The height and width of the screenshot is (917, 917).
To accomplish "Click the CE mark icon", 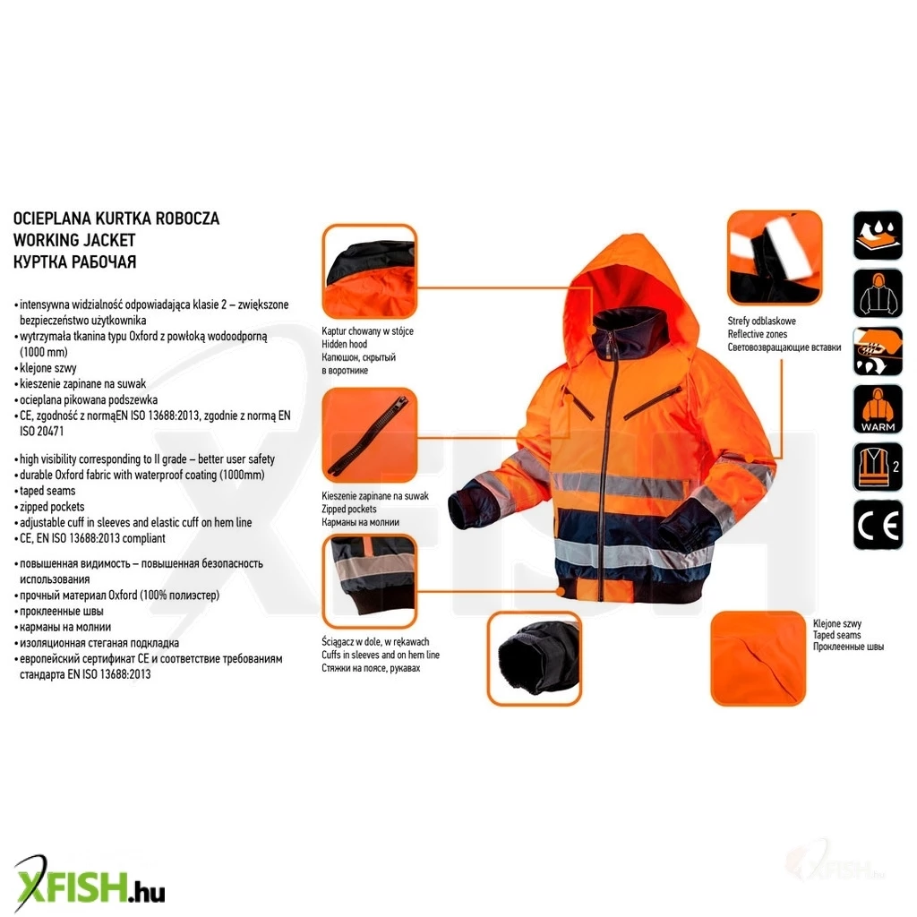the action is pyautogui.click(x=878, y=525).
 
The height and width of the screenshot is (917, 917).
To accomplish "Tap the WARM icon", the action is pyautogui.click(x=878, y=409).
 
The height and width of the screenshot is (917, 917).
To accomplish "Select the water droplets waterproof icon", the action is pyautogui.click(x=878, y=236).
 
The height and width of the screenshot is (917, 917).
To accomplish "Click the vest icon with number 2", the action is pyautogui.click(x=878, y=467).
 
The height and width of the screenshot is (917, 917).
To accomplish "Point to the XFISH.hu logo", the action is pyautogui.click(x=89, y=885).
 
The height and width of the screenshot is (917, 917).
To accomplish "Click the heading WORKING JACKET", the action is pyautogui.click(x=74, y=240).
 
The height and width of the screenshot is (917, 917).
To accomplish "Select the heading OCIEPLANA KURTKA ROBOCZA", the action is pyautogui.click(x=116, y=219).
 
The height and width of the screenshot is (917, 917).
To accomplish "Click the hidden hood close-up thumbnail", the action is pyautogui.click(x=370, y=271).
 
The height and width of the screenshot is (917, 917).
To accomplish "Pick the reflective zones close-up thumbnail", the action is pyautogui.click(x=775, y=258).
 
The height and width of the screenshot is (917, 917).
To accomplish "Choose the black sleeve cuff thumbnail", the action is pyautogui.click(x=535, y=658).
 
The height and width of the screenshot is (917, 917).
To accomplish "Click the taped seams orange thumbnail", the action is pyautogui.click(x=758, y=658).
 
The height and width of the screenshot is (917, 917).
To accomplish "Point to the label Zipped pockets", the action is pyautogui.click(x=348, y=509).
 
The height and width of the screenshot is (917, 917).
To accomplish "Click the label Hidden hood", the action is pyautogui.click(x=344, y=344).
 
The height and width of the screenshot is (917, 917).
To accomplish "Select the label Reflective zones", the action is pyautogui.click(x=758, y=334).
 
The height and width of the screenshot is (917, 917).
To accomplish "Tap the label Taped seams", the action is pyautogui.click(x=837, y=635).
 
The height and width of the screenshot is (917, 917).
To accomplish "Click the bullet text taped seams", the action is pyautogui.click(x=47, y=491).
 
